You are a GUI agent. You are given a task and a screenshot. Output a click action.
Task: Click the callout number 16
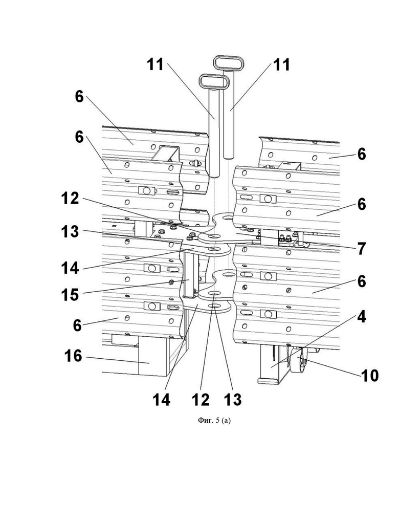coord(73,356)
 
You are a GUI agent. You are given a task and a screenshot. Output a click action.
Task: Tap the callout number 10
coord(370,376)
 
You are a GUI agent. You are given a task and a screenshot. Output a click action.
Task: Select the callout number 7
coord(361,249)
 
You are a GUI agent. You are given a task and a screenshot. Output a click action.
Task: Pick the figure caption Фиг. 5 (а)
coord(214,421)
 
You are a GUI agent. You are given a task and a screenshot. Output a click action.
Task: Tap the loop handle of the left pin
coord(214,81)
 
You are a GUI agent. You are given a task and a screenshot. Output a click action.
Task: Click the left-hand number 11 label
coord(156,64)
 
